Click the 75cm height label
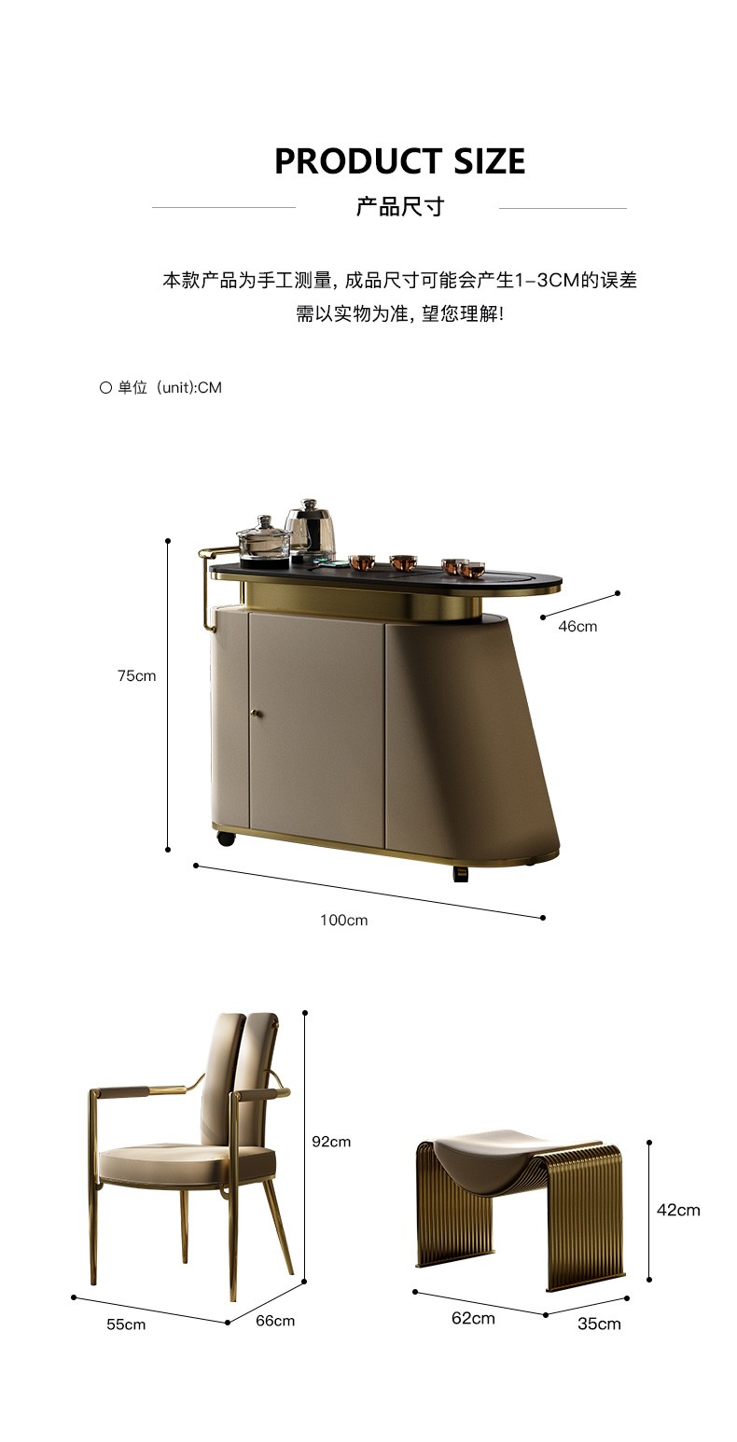136,676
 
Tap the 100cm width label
343,920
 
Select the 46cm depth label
577,627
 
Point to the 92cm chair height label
331,1142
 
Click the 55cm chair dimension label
126,1324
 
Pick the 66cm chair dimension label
275,1321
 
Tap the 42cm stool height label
678,1210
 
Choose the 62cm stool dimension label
473,1318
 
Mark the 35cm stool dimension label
599,1324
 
